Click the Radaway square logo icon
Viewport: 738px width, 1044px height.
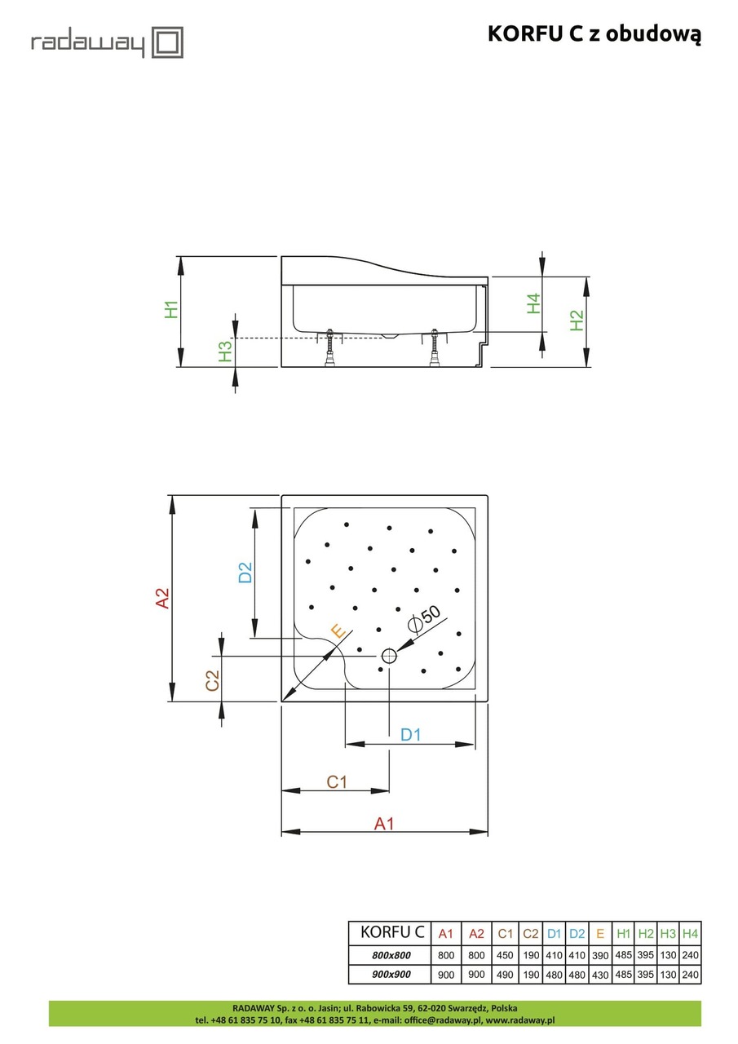[x=169, y=42]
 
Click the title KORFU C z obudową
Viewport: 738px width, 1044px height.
[x=594, y=33]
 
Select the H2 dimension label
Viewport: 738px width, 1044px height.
[x=577, y=321]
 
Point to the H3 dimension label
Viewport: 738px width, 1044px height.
[x=225, y=352]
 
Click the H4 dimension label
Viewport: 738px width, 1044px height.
[x=533, y=303]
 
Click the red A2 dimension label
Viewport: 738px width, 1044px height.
[x=163, y=598]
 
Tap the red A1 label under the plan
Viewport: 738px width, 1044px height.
[x=384, y=824]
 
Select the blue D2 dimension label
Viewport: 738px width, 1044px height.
[x=245, y=573]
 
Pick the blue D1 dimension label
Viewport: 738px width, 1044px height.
[x=410, y=734]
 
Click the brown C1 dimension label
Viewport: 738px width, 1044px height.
[x=337, y=781]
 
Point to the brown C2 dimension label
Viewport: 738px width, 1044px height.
[x=212, y=681]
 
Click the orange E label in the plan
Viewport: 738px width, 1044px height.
[x=337, y=630]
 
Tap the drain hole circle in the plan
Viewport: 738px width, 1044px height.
[x=389, y=655]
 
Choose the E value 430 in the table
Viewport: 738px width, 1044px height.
[x=600, y=975]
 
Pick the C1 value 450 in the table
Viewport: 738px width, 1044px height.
[x=506, y=955]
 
